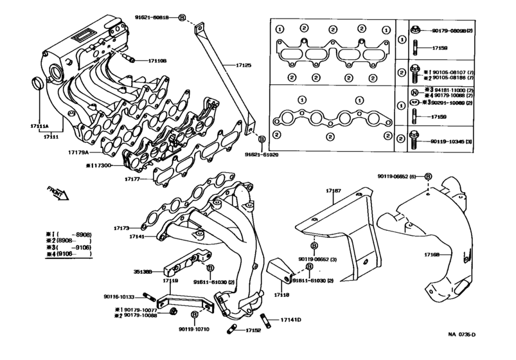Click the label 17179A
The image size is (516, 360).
[80, 153]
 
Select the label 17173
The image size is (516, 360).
[121, 228]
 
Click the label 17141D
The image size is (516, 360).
[290, 319]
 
